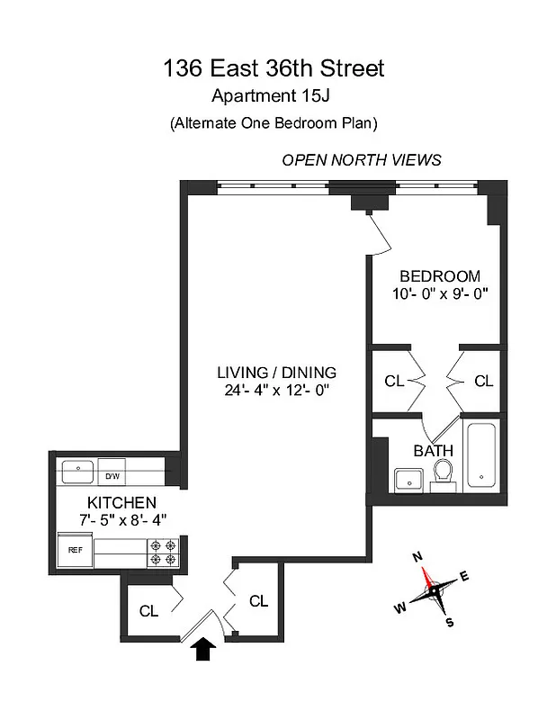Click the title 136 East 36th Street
[x=273, y=68]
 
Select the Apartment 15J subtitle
[x=273, y=97]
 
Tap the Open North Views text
[x=362, y=160]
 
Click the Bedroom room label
[x=440, y=276]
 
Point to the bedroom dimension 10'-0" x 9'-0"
[x=440, y=294]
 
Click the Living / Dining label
[x=276, y=372]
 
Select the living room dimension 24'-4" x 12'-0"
[x=276, y=390]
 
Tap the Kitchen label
[x=121, y=502]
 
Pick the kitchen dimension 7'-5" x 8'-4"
[x=121, y=519]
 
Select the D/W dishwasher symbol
[x=112, y=476]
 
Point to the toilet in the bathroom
[x=443, y=474]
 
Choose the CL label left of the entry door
[x=148, y=611]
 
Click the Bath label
[x=433, y=451]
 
